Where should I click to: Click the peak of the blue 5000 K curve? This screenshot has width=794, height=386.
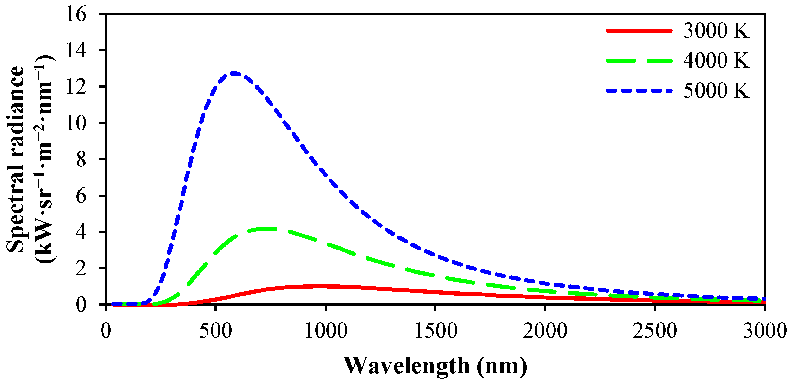point(234,73)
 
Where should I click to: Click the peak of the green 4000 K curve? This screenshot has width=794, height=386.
point(267,229)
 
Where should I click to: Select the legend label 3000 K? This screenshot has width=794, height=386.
point(716,31)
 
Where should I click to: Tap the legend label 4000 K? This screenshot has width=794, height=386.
point(716,60)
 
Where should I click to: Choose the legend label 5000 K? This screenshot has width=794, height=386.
point(716,91)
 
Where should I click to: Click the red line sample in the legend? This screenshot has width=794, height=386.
point(639,31)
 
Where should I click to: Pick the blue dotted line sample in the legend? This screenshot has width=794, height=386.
point(639,91)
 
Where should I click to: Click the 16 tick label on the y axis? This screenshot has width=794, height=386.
point(76,15)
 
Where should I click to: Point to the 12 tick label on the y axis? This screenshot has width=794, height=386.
point(76,87)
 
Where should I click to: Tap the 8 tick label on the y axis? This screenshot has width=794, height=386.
point(81,160)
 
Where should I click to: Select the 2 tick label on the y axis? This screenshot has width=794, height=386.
point(81,269)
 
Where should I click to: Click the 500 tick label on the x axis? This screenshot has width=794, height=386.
point(215,331)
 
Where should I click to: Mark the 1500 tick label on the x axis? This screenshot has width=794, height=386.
point(436,331)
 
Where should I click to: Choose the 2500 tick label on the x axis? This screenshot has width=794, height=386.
point(655,331)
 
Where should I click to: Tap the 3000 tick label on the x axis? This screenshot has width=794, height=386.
point(765,331)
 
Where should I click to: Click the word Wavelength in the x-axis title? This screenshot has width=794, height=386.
point(406,366)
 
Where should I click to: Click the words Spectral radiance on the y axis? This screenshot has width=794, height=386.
point(16,159)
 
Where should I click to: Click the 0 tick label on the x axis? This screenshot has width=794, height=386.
point(106,331)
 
